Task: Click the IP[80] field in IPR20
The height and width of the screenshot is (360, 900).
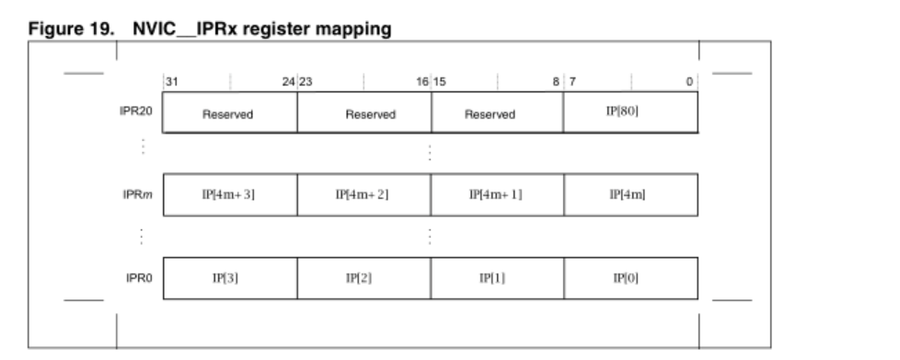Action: click(630, 112)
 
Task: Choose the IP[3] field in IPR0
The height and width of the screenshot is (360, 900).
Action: click(230, 277)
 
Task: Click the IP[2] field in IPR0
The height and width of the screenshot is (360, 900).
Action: click(363, 277)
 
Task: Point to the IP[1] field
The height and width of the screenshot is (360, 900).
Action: click(497, 277)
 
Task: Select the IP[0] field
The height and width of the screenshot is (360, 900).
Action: click(630, 277)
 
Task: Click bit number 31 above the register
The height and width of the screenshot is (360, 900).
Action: click(171, 82)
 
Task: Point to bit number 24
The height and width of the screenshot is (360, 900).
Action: click(289, 82)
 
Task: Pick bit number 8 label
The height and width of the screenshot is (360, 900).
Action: click(555, 82)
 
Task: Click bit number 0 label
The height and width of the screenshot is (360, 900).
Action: click(689, 82)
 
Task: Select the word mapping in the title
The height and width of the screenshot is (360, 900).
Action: click(360, 30)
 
